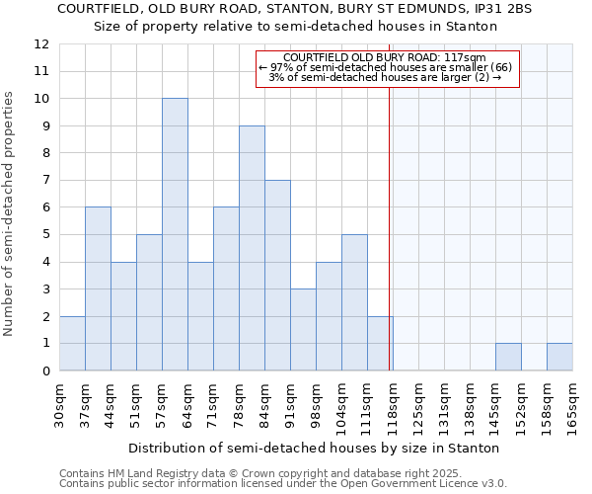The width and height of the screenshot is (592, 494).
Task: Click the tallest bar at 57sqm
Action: pos(175,234)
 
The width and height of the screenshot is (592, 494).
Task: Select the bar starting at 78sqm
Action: pos(252,248)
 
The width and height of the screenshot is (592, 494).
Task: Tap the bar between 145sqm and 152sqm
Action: pos(508,357)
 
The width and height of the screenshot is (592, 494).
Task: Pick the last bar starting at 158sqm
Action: pos(559,357)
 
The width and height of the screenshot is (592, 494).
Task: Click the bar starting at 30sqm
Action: pos(72,344)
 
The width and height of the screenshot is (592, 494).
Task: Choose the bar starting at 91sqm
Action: pos(303,330)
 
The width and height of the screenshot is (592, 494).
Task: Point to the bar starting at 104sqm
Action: pos(354,302)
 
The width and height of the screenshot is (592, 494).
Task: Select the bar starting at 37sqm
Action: pos(98,288)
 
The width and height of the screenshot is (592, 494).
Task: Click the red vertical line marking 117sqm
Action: pos(390,227)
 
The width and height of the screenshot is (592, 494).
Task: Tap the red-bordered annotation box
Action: pos(388,68)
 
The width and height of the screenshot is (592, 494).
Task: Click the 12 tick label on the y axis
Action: pos(41,44)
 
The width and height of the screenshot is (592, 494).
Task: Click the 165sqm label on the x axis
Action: pos(573,405)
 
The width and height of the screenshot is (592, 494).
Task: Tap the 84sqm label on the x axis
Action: pos(265,405)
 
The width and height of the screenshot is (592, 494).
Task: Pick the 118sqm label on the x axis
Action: pos(394,405)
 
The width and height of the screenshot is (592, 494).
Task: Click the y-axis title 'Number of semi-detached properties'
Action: pos(10,213)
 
